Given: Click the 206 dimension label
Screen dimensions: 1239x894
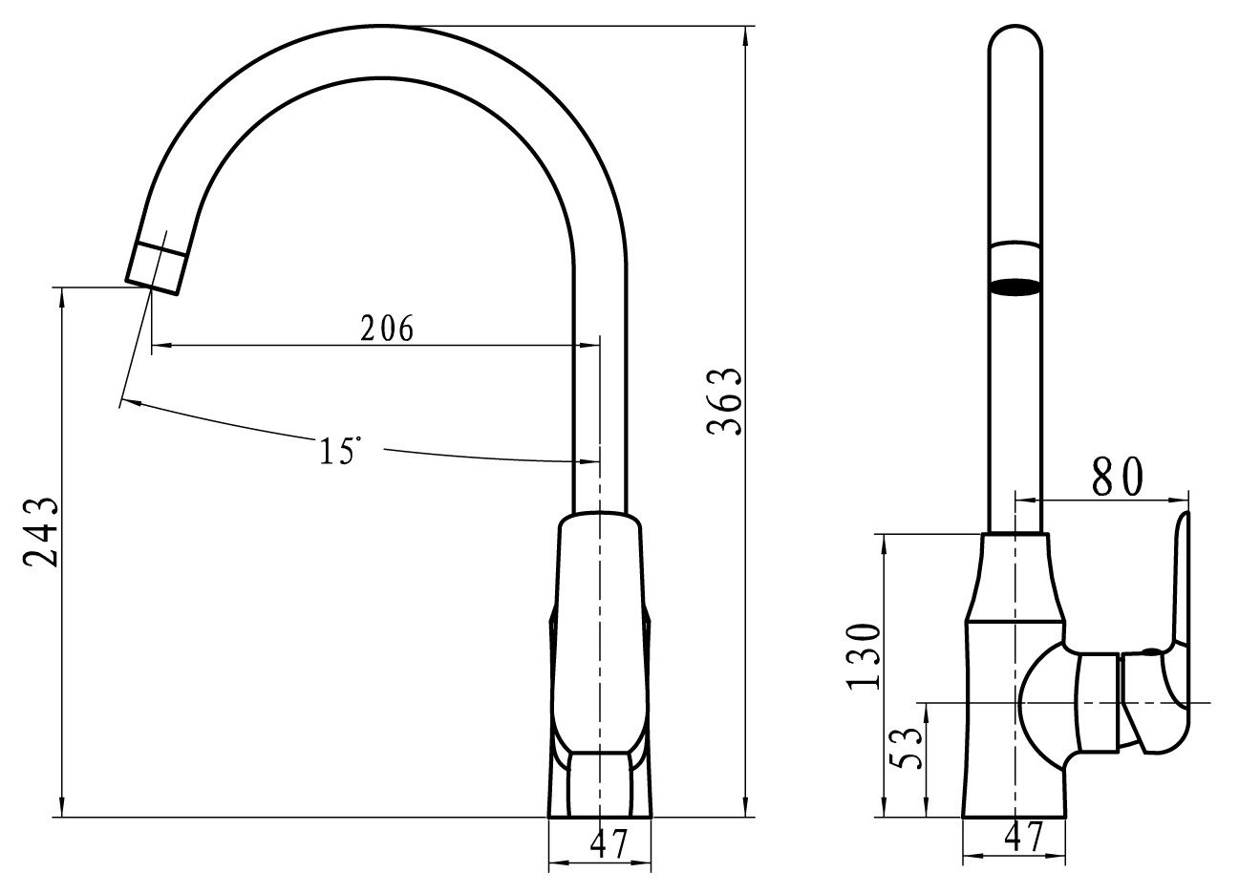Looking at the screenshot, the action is coord(387,329).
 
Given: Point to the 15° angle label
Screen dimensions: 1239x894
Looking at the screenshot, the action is coord(340,450).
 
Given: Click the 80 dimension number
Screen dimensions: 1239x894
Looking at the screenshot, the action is coord(1118,478).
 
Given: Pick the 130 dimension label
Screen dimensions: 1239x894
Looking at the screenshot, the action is coord(864,657).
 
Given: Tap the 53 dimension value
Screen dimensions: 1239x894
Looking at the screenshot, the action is coord(906,748).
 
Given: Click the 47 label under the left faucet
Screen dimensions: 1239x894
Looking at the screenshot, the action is coord(609,844).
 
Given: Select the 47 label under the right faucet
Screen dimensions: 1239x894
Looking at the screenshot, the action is coord(1023,837).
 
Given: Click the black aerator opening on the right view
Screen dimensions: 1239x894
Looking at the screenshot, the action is coord(1015,287).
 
